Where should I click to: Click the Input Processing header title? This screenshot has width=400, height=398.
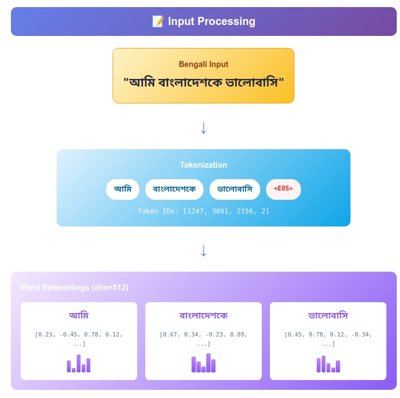click(x=211, y=22)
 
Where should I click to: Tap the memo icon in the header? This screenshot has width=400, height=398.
click(x=158, y=22)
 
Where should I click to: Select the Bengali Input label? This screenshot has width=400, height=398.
click(x=204, y=64)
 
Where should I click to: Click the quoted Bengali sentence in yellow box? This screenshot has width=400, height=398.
click(x=204, y=83)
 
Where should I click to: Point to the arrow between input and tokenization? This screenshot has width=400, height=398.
click(x=204, y=128)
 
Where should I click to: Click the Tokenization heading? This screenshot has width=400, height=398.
click(x=204, y=165)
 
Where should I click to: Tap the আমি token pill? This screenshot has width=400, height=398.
click(x=122, y=189)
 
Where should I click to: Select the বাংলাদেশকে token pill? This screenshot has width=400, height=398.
click(x=174, y=189)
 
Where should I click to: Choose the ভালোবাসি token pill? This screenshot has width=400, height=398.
click(x=235, y=189)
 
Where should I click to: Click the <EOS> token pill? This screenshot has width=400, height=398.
click(x=283, y=189)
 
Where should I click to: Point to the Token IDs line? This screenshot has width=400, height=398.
click(x=204, y=211)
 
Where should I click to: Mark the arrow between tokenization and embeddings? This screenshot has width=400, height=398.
click(x=204, y=250)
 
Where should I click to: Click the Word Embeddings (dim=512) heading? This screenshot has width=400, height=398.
click(x=75, y=287)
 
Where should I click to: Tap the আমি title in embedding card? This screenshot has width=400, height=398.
click(x=79, y=315)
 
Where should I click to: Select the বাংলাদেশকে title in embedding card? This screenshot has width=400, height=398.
click(x=204, y=315)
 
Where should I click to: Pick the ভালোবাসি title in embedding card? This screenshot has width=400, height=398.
click(x=328, y=315)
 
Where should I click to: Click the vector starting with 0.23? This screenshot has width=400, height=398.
click(x=79, y=339)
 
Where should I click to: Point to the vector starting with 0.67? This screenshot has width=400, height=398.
click(x=204, y=339)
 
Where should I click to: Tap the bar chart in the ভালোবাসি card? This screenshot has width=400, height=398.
click(x=328, y=364)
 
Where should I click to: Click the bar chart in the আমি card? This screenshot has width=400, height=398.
click(x=79, y=363)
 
